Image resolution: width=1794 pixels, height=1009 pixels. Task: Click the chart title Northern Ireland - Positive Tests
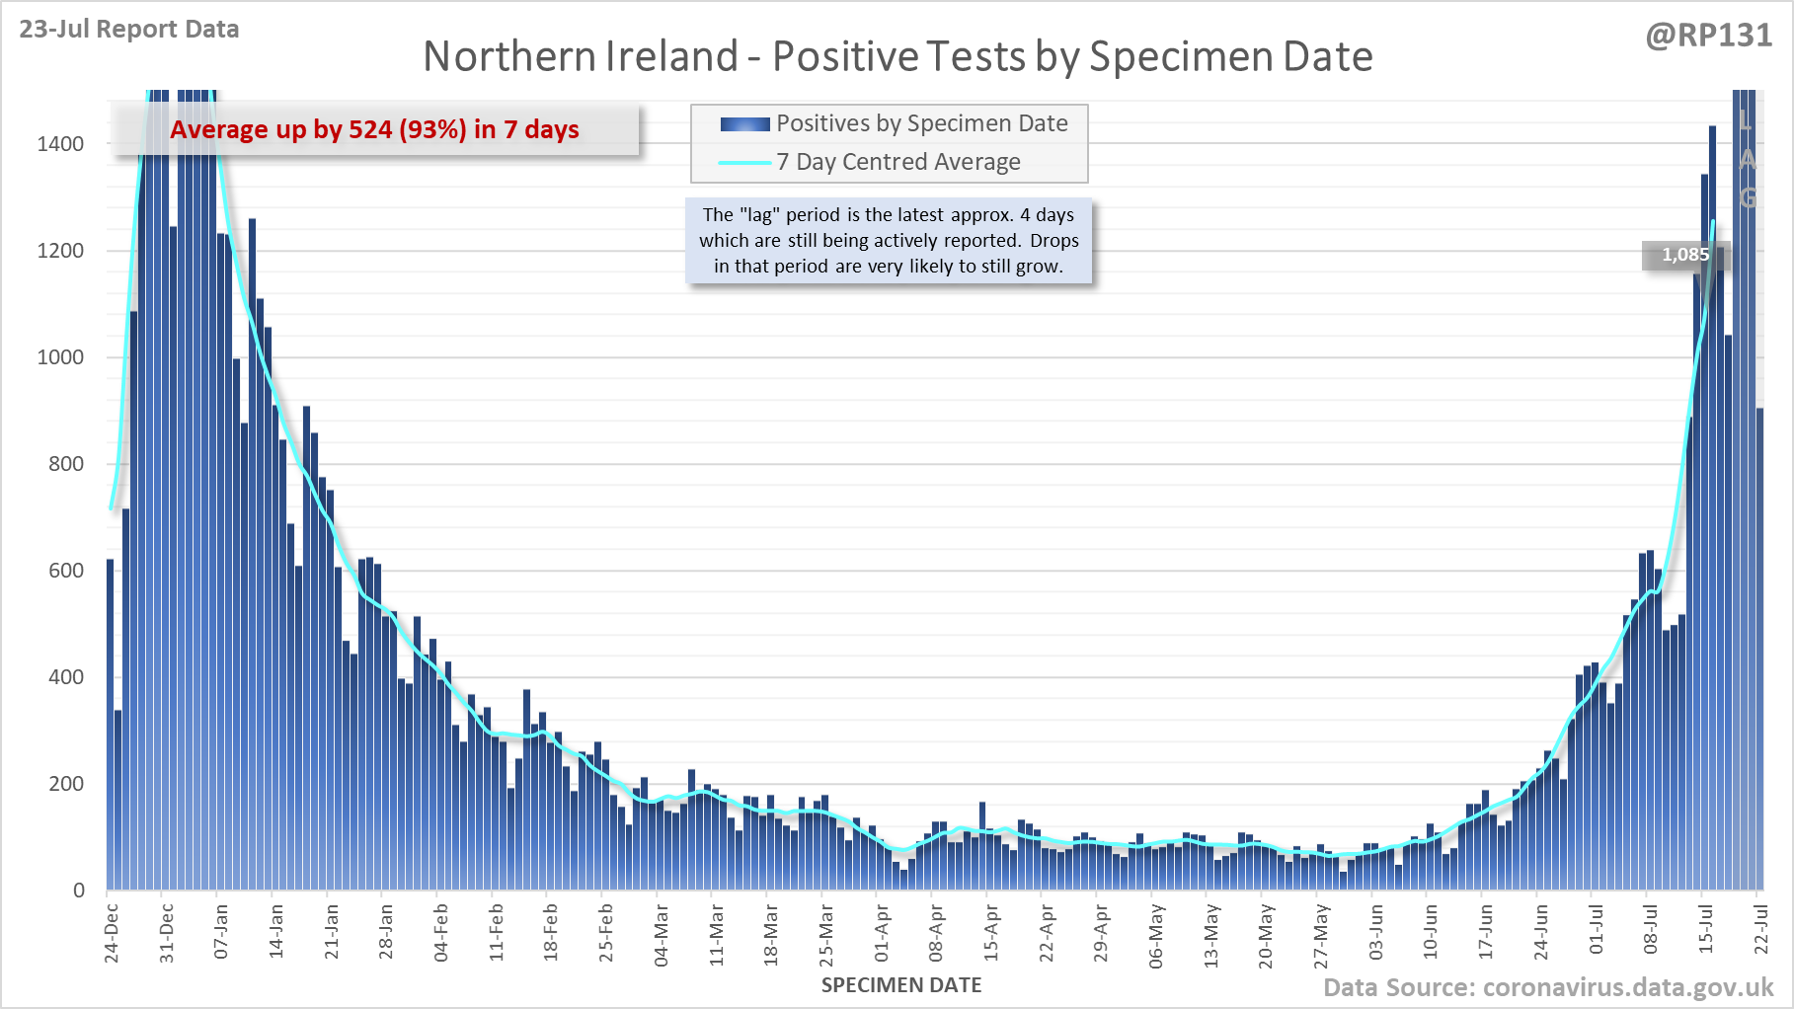point(897,57)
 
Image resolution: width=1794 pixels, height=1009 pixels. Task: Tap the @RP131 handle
point(1708,36)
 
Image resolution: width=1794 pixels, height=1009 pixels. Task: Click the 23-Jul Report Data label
point(129,30)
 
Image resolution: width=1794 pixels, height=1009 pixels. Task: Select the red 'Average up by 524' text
point(374,130)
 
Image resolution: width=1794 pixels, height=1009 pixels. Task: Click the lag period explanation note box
point(889,240)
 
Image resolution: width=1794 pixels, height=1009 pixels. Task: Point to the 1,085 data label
point(1684,255)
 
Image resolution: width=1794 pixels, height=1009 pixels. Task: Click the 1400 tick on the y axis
point(61,144)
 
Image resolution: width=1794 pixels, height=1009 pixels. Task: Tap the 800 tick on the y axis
point(66,464)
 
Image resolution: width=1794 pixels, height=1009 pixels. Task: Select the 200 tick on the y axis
point(66,784)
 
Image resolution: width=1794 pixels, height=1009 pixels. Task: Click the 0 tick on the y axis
point(79,891)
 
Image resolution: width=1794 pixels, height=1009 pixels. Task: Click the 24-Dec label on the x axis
point(112,932)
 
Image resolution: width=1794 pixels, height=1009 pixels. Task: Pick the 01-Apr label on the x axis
point(882,932)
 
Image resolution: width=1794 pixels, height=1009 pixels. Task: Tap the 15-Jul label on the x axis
point(1706,932)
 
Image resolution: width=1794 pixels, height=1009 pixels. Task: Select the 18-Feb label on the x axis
point(551,932)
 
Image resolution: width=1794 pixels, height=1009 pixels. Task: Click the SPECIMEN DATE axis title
point(901,985)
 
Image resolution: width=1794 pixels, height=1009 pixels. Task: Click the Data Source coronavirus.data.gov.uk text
point(1548,988)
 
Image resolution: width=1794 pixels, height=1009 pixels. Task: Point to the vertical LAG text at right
point(1747,158)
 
